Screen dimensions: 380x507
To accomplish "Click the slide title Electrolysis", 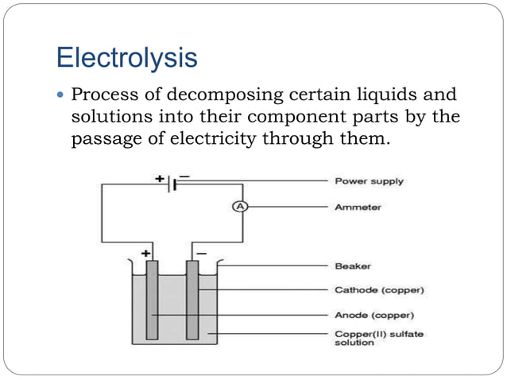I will pos(127,57).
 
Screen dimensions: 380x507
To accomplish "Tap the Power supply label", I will pos(369,181).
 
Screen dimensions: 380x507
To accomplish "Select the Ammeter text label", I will pos(358,207).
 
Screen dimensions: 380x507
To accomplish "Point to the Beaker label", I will pos(352,266).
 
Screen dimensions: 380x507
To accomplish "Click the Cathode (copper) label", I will pos(377,289).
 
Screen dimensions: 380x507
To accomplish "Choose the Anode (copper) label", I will pos(373,315).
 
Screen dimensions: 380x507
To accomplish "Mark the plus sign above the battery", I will pos(160,178).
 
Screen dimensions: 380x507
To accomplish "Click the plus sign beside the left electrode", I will pos(145,252).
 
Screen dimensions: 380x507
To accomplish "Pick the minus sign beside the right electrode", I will pos(200,252).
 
